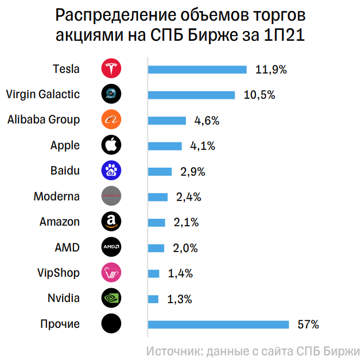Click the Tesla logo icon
tap(111, 69)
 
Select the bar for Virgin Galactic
tap(192, 95)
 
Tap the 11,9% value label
tap(271, 69)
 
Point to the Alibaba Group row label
tap(44, 120)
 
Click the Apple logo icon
tap(111, 145)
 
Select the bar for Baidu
tap(160, 171)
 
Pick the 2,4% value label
tap(188, 197)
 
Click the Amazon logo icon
tap(111, 222)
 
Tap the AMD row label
tap(67, 247)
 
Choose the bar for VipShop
tap(154, 273)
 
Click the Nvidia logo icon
tap(111, 299)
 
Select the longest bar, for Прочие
tap(219, 324)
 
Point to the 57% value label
tap(308, 324)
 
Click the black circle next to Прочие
tap(111, 324)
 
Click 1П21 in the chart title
tap(279, 35)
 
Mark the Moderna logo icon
tap(111, 196)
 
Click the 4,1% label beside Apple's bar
tap(202, 146)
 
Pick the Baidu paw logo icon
tap(111, 171)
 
